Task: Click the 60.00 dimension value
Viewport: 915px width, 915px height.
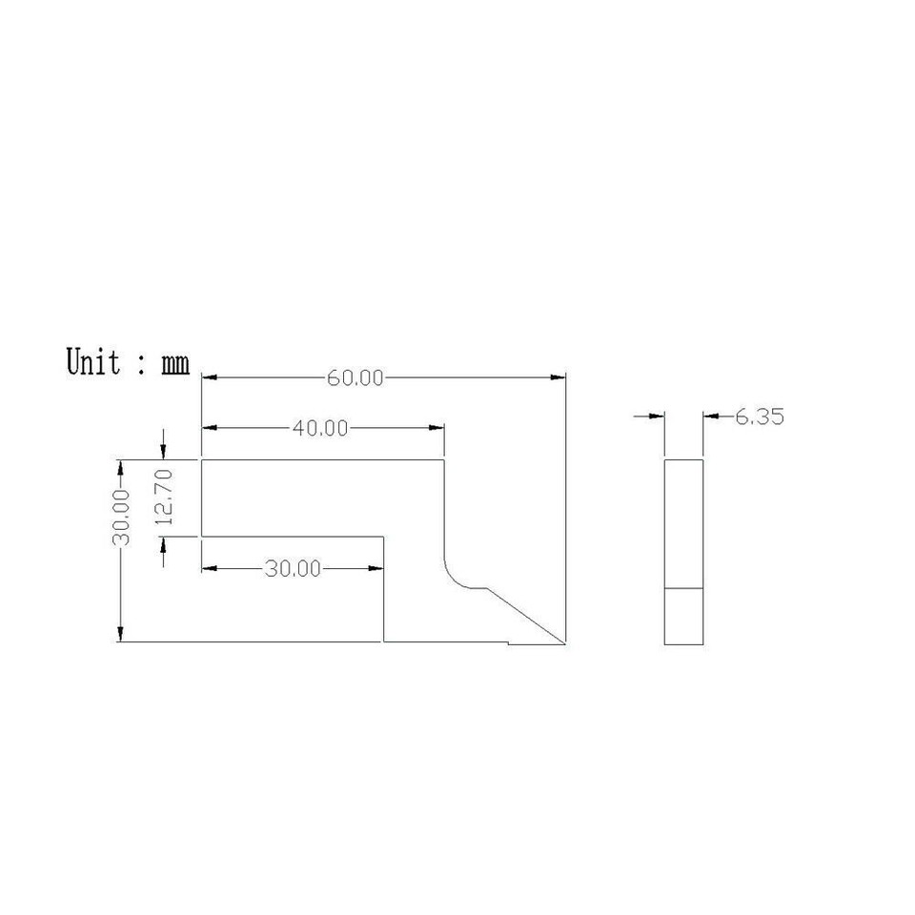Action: point(355,378)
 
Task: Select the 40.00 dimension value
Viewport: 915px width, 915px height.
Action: point(319,429)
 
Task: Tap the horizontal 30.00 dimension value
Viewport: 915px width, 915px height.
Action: point(293,569)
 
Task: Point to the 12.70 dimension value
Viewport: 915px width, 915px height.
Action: point(163,498)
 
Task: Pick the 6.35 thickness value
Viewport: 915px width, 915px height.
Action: point(759,417)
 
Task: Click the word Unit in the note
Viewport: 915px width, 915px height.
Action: point(94,362)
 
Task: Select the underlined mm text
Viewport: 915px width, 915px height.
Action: point(174,364)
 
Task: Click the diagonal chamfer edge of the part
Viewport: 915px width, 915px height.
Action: point(527,616)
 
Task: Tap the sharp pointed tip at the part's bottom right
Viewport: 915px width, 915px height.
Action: point(565,643)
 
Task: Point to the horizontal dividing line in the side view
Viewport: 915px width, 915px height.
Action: point(683,588)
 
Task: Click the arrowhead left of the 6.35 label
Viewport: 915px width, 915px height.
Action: point(656,416)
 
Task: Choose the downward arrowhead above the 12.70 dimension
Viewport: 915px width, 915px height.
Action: point(164,452)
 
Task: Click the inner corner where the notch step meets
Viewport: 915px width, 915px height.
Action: point(384,537)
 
